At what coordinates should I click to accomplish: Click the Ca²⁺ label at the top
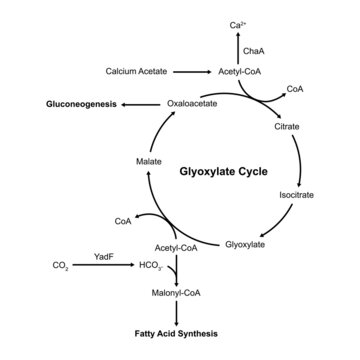[x=236, y=23]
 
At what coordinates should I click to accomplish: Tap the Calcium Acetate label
[x=139, y=72]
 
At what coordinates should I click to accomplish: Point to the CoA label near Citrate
[x=295, y=88]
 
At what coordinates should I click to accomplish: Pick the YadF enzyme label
[x=100, y=257]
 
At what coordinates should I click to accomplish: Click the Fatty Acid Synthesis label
[x=180, y=333]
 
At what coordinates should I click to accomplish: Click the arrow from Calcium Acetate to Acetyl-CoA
[x=190, y=72]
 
